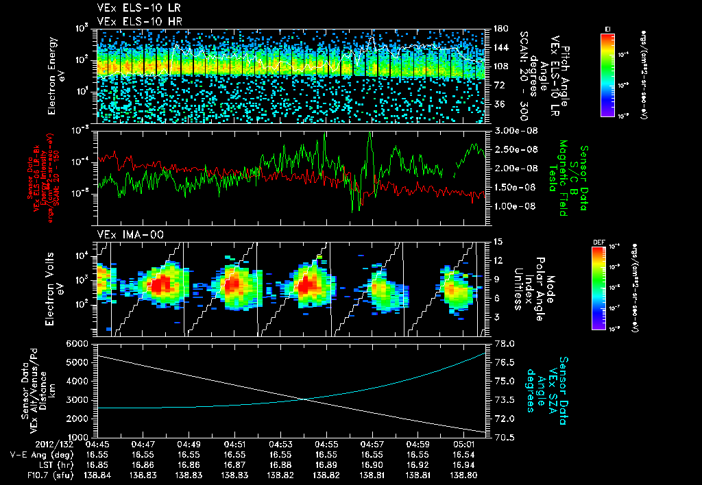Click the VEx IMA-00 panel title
coord(124,234)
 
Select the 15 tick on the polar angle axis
coord(498,241)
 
